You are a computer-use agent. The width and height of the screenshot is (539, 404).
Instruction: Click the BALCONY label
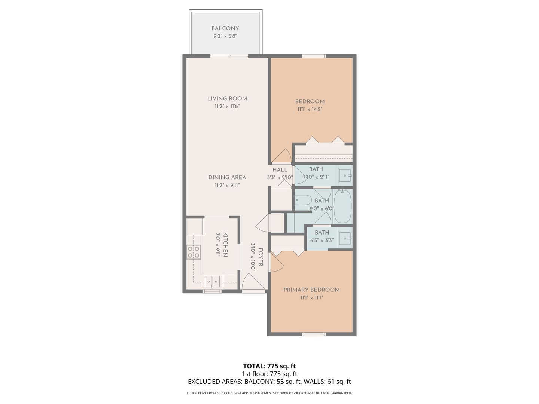click(225, 28)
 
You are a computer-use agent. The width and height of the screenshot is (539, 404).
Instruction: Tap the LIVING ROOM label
click(227, 99)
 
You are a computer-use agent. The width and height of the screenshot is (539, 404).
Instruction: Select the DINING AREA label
click(227, 177)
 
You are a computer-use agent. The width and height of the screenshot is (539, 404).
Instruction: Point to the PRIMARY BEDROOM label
click(312, 290)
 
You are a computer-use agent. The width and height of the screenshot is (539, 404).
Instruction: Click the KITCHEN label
click(225, 245)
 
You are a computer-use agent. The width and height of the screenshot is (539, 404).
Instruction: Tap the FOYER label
click(261, 257)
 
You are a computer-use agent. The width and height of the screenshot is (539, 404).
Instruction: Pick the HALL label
click(280, 170)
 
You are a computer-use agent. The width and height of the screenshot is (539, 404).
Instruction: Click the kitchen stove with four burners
click(193, 252)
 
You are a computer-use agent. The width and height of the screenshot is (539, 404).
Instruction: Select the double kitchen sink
click(212, 282)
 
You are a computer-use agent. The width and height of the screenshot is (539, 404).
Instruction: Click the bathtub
click(343, 206)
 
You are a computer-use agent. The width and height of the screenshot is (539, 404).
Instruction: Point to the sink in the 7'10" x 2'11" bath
click(345, 176)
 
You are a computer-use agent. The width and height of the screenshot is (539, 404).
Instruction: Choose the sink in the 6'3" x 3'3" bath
click(345, 238)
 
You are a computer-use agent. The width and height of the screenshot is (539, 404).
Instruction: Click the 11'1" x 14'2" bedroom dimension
click(310, 109)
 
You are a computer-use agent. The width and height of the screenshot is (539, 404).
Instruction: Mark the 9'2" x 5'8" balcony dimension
click(225, 36)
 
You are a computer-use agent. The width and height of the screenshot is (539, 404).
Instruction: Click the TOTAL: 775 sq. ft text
click(269, 366)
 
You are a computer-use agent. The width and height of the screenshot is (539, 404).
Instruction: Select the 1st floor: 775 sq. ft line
click(269, 374)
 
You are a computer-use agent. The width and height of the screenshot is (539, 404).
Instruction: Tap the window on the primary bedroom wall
click(314, 334)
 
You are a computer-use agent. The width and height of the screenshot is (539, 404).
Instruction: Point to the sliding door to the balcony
click(229, 56)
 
